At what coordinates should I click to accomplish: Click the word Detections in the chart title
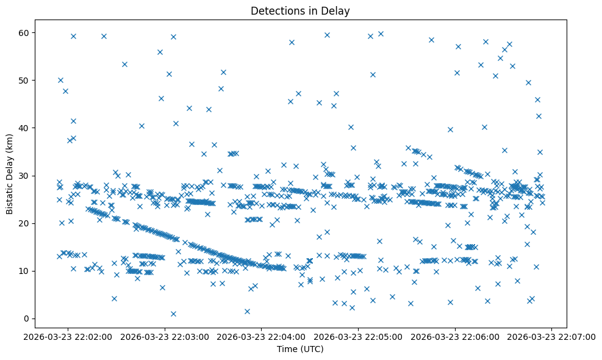tap(275, 10)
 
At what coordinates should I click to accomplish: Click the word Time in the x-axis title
tap(288, 349)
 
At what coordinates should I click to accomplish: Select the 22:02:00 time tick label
tap(68, 336)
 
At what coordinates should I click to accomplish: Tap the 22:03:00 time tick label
tap(165, 336)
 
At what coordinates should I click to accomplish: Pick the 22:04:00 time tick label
tap(262, 336)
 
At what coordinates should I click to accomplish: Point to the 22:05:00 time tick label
tap(359, 336)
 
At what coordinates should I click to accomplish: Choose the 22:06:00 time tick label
tap(456, 336)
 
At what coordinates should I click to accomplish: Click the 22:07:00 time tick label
tap(552, 336)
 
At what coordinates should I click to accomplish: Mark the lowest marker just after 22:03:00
tap(173, 314)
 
